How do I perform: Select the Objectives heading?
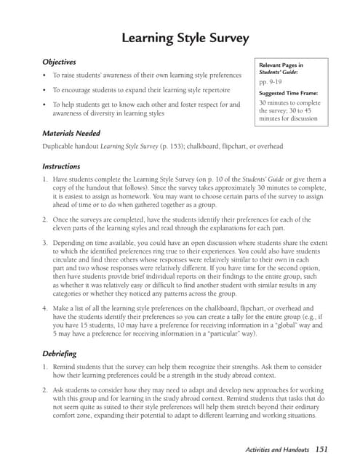tap(60, 62)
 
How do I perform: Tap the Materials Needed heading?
tap(71, 134)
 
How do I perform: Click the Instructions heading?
tap(61, 166)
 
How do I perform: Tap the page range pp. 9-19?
tap(271, 83)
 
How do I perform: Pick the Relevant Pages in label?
tap(281, 65)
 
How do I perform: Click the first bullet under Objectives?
tap(45, 76)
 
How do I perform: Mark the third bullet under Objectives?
tap(45, 105)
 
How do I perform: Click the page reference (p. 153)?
tap(165, 147)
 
